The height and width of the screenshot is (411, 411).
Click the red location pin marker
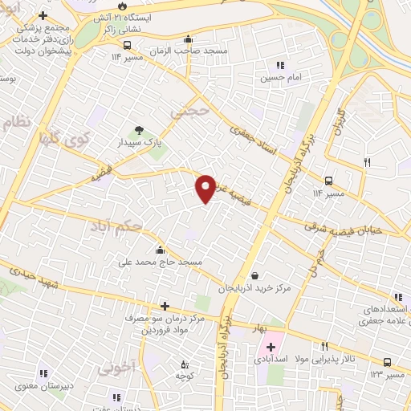(x=206, y=189)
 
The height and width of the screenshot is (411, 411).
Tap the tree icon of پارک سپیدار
(x=140, y=130)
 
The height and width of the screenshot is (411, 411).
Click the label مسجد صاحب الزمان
(x=188, y=50)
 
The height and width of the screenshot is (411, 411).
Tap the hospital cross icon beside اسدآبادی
(x=270, y=348)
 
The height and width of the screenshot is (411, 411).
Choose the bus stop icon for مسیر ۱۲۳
(x=388, y=363)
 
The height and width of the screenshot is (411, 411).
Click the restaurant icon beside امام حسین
(x=279, y=66)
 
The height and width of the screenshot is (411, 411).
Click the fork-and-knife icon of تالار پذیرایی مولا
(x=324, y=346)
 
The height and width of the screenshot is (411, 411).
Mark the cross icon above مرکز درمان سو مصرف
(x=165, y=306)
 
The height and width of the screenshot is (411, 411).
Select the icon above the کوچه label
(x=185, y=364)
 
